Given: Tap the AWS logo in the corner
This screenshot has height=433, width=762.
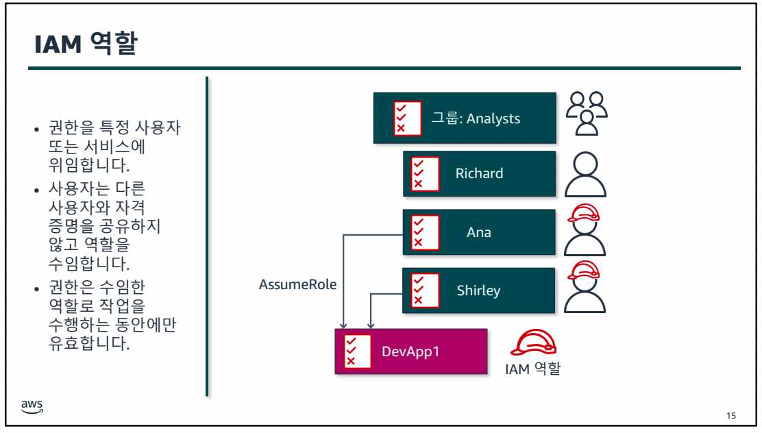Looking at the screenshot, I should click(32, 406).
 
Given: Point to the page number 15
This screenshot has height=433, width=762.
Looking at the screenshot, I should click(731, 416).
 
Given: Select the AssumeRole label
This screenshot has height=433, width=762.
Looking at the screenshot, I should click(297, 284).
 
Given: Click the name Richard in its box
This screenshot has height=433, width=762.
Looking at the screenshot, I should click(479, 173).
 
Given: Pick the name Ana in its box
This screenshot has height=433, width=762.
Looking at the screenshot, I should click(479, 232).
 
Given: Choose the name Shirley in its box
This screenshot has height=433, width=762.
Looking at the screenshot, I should click(478, 290).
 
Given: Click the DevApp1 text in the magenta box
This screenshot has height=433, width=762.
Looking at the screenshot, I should click(410, 351).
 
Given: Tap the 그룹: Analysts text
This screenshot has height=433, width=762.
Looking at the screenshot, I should click(476, 119).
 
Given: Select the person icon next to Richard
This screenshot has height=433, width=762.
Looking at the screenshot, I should click(585, 174).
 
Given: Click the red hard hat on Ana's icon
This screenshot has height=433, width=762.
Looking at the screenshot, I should click(585, 213).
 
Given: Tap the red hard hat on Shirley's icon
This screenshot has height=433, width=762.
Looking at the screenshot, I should click(585, 271).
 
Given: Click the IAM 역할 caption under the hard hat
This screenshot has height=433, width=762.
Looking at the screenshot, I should click(532, 369).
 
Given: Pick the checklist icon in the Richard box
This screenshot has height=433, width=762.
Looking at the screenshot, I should click(416, 173).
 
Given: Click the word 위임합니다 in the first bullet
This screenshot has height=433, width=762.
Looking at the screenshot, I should click(84, 166).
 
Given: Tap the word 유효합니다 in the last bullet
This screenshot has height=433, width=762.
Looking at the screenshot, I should click(84, 343).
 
